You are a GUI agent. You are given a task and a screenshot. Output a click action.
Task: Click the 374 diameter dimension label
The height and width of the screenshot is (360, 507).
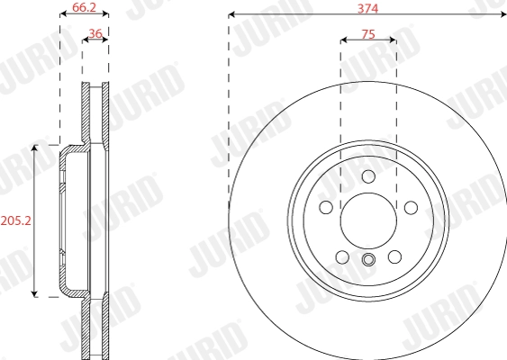(x=367, y=7)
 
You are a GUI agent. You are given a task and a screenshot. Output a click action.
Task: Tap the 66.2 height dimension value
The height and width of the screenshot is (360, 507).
(x=84, y=7)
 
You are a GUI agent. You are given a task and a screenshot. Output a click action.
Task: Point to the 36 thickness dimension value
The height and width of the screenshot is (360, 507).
(x=95, y=34)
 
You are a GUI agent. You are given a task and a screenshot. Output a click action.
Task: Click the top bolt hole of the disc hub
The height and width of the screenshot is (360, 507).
(x=367, y=176)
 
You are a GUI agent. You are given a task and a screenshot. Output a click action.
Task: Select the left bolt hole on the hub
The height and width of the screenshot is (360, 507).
(x=325, y=208)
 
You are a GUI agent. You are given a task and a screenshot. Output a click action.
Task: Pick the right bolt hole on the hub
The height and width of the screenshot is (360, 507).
(x=411, y=208)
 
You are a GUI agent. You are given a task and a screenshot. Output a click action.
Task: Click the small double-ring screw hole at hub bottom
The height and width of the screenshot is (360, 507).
(x=367, y=261)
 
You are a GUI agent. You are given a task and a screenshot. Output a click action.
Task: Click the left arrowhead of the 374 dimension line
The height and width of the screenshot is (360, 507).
(x=232, y=15)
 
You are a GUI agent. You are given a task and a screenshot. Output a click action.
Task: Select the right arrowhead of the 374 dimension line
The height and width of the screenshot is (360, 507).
(x=503, y=15)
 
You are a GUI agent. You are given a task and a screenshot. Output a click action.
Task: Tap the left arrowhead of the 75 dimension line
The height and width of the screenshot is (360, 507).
(x=343, y=40)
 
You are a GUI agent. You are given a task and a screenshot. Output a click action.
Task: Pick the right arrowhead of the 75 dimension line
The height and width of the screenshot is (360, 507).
(x=393, y=40)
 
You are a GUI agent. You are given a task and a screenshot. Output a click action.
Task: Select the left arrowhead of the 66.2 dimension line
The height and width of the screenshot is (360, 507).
(x=62, y=15)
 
